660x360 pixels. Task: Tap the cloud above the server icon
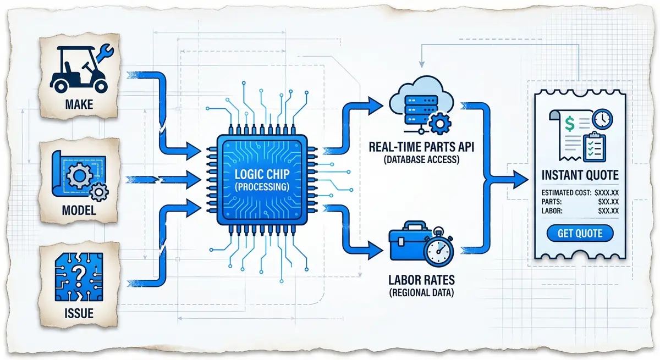coord(420,93)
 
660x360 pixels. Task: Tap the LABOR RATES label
coord(420,280)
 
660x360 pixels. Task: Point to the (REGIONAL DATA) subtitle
coord(420,293)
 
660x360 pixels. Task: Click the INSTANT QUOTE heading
coord(580,175)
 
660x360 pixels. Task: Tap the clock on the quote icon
coord(603,118)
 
